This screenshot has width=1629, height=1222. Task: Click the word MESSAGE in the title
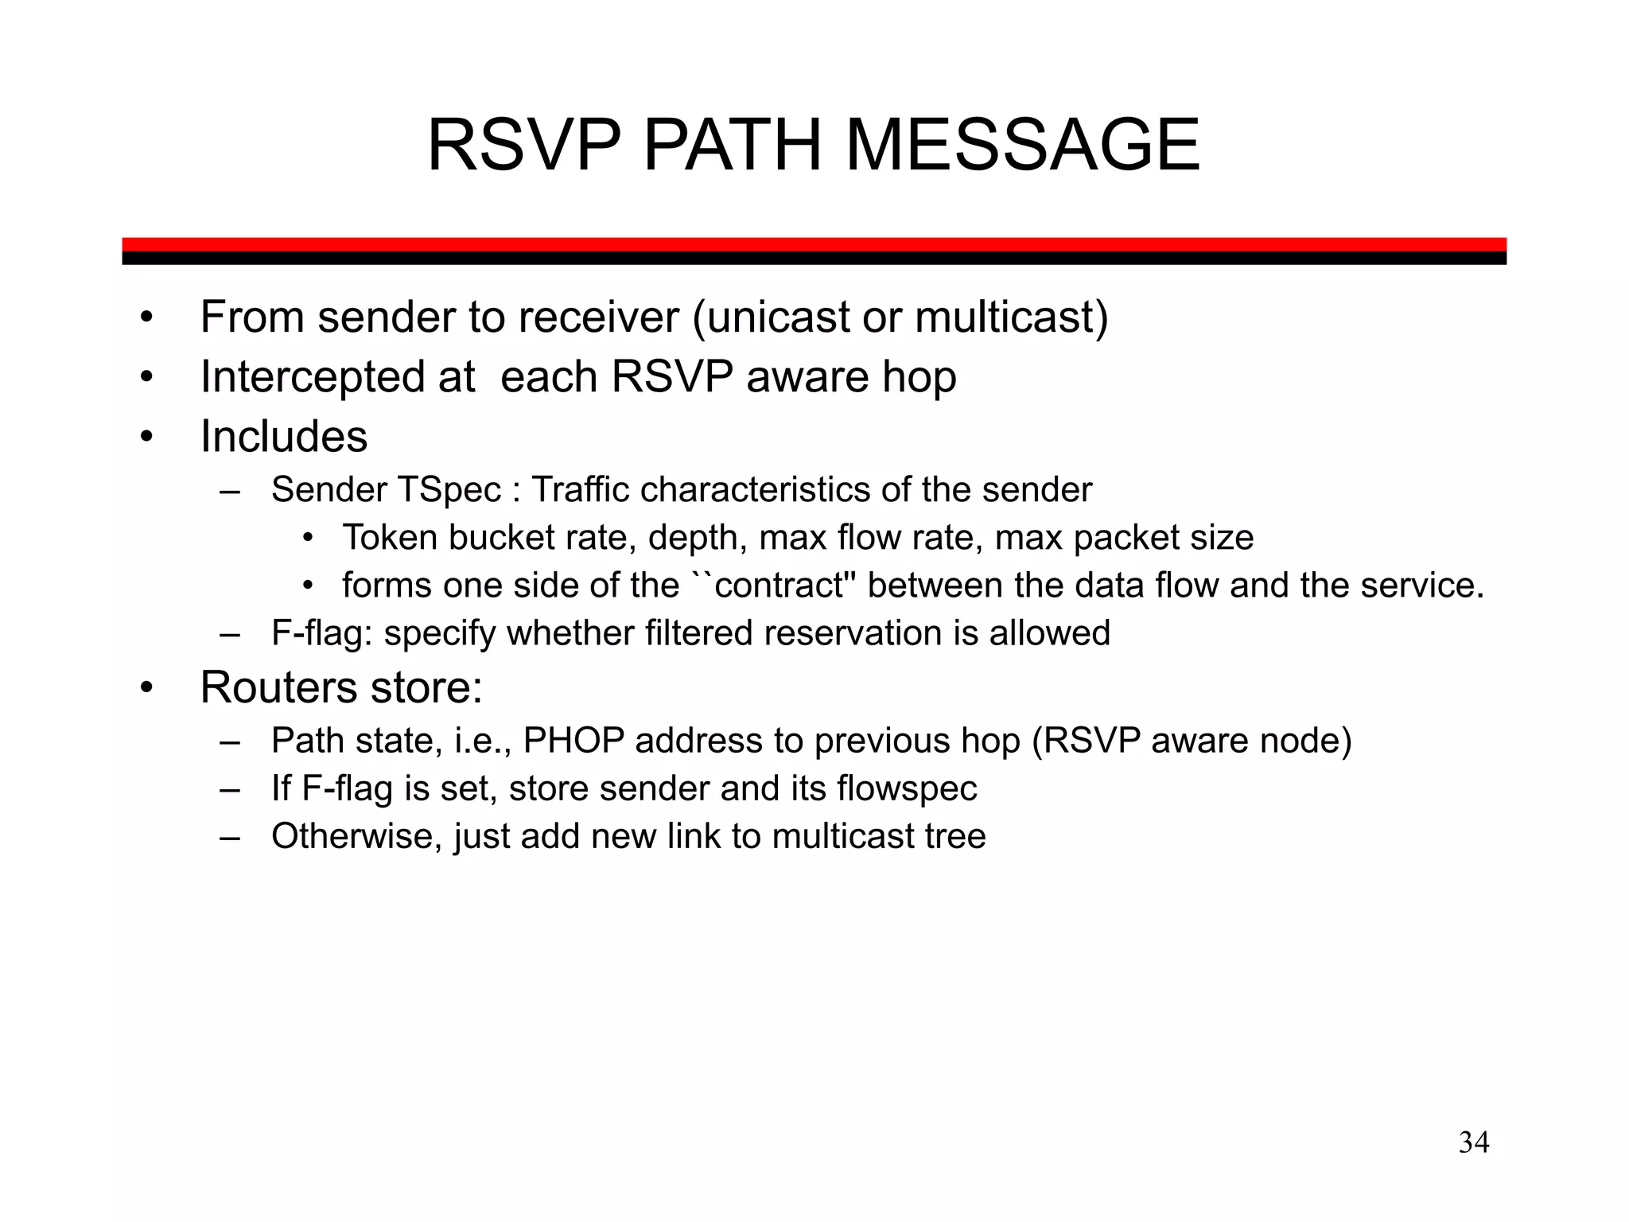[1022, 146]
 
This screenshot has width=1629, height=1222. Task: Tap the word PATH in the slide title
[731, 146]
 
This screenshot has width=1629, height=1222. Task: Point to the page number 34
[1474, 1142]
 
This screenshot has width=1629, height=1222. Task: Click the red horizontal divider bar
[814, 244]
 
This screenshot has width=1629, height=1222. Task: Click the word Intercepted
[337, 376]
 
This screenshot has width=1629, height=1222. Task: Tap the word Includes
[284, 436]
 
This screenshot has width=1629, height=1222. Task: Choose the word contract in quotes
[780, 586]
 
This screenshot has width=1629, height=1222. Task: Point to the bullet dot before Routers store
[146, 688]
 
